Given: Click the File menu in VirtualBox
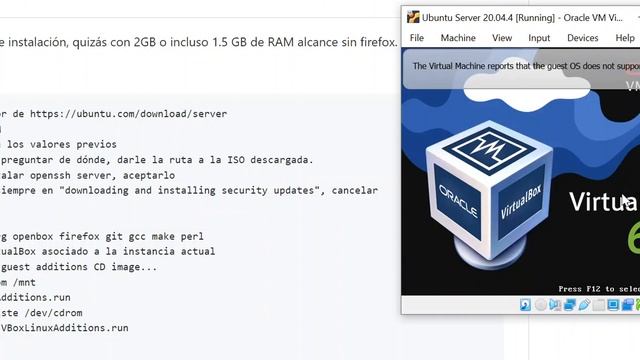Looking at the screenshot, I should point(417,38).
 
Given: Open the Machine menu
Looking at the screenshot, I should point(458,38).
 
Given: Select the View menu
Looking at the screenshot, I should point(502,38).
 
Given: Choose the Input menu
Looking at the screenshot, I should point(539,38).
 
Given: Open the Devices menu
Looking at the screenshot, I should point(582,38).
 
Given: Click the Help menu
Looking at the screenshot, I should point(624,38).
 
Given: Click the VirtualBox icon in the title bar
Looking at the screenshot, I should point(411,16).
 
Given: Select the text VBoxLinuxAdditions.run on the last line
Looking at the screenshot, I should point(64,327).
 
